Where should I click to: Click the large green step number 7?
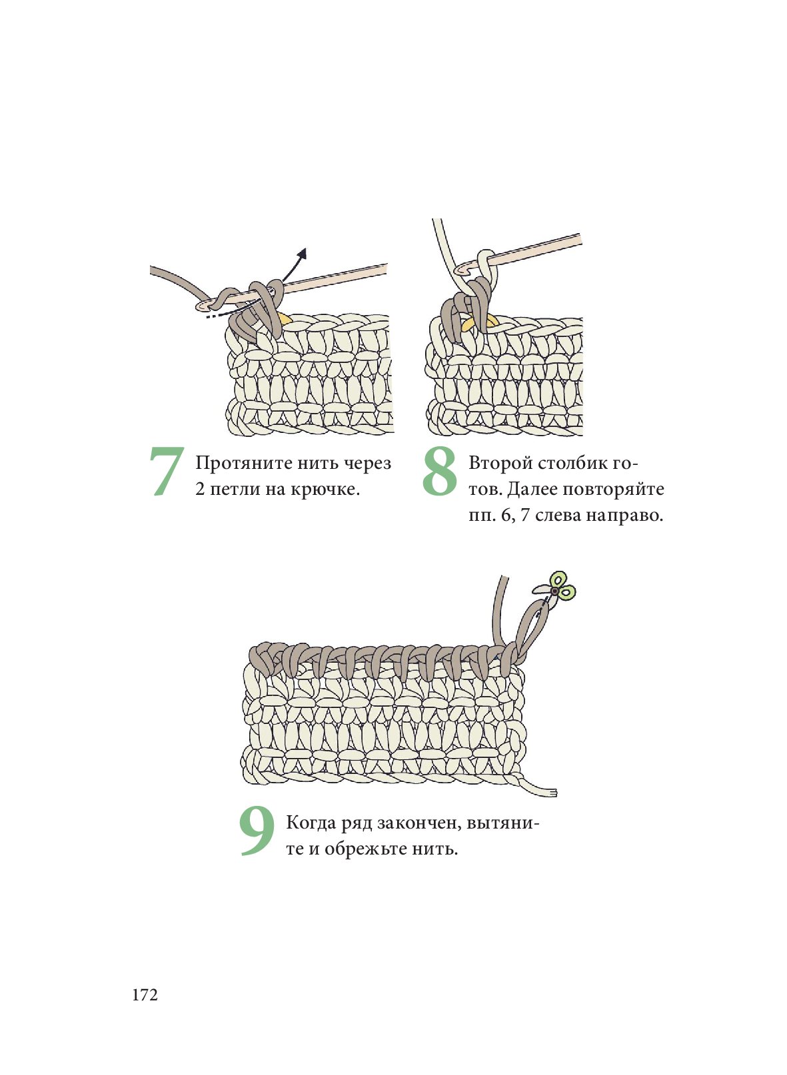[x=166, y=472]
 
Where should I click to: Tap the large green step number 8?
[x=439, y=471]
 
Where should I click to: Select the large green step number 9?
[x=257, y=831]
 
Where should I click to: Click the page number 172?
[x=145, y=995]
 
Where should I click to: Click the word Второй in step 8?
[x=500, y=464]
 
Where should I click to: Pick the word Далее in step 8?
[x=532, y=490]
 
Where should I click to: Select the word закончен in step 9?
[x=420, y=823]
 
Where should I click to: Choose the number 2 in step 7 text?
[x=200, y=490]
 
